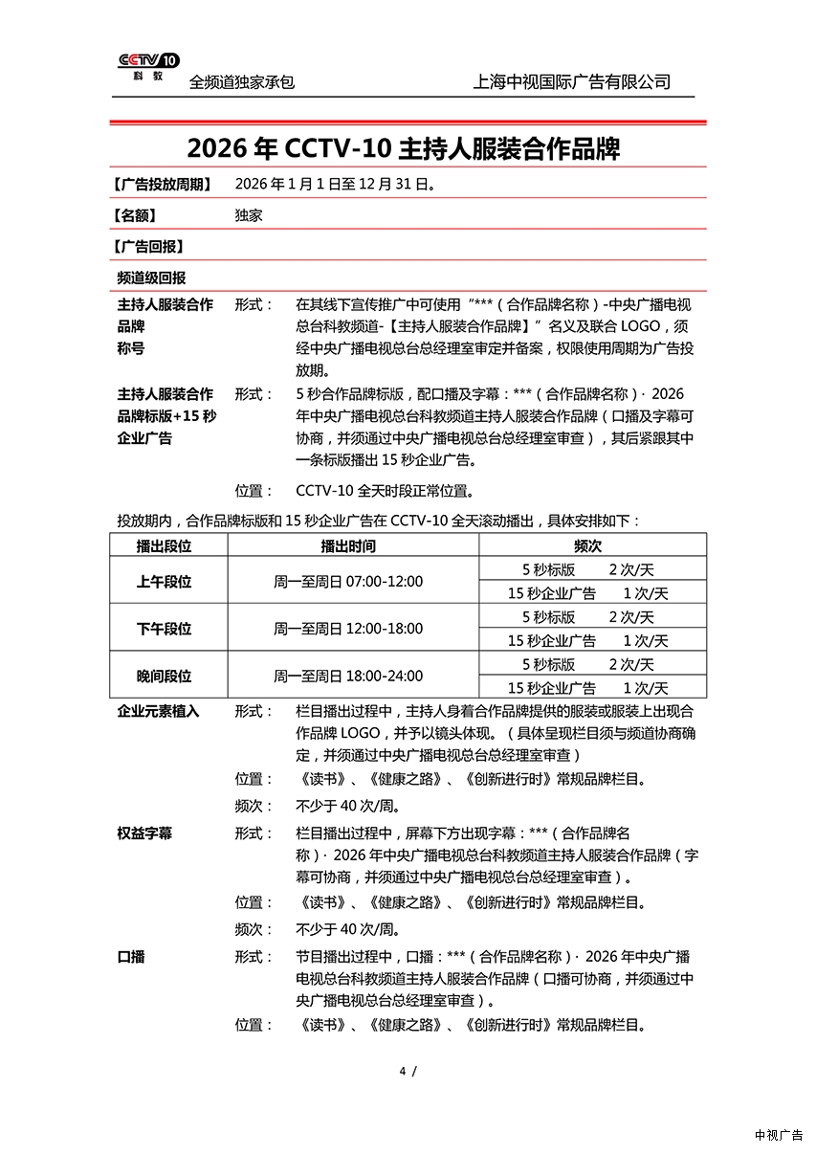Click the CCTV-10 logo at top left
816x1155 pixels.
148,66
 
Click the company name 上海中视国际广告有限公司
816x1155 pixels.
571,82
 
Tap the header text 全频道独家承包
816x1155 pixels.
242,82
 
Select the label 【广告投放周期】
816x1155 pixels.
163,184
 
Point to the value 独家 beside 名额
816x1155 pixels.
249,215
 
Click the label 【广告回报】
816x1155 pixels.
148,246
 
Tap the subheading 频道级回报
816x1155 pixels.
151,278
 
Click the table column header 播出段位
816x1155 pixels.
165,545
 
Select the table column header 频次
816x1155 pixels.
587,545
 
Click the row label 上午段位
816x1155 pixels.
165,581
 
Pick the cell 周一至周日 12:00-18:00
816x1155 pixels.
348,629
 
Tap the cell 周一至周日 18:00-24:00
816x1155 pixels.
348,676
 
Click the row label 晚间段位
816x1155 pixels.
165,676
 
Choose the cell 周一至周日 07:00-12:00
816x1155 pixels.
348,581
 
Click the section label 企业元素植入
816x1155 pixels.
158,711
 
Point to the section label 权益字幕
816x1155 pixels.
144,833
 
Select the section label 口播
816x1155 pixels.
131,956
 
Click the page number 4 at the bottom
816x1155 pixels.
403,1070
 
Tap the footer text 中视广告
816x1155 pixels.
779,1135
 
